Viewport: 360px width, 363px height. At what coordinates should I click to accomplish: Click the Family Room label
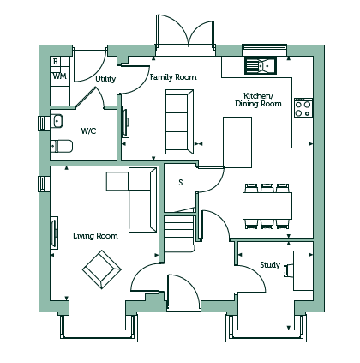[173, 77]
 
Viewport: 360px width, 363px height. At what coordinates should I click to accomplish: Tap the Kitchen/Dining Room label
[259, 100]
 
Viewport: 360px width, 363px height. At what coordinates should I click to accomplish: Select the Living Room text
[95, 236]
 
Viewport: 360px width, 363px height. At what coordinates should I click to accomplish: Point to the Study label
[270, 265]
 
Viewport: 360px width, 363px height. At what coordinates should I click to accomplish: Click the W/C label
[88, 131]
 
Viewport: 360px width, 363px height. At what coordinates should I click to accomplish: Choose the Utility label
[105, 79]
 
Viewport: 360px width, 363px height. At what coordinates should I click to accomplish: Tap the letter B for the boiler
[56, 61]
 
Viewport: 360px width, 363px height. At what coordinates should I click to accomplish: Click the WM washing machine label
[60, 76]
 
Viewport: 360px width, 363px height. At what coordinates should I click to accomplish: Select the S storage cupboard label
[181, 182]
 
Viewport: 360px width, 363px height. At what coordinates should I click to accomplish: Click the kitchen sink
[261, 66]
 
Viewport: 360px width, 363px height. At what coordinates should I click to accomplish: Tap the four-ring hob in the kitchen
[303, 107]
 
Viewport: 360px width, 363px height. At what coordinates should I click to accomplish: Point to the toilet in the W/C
[62, 146]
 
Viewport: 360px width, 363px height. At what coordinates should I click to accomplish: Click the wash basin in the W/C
[57, 121]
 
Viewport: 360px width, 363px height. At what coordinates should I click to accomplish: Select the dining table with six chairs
[267, 206]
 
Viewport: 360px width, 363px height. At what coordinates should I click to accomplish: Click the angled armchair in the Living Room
[102, 269]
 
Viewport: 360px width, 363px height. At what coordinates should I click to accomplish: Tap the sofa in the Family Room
[180, 122]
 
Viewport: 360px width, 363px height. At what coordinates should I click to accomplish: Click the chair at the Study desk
[289, 270]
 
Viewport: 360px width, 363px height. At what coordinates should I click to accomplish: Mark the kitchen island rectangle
[237, 142]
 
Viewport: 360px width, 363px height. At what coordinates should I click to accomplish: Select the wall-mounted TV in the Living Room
[54, 233]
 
